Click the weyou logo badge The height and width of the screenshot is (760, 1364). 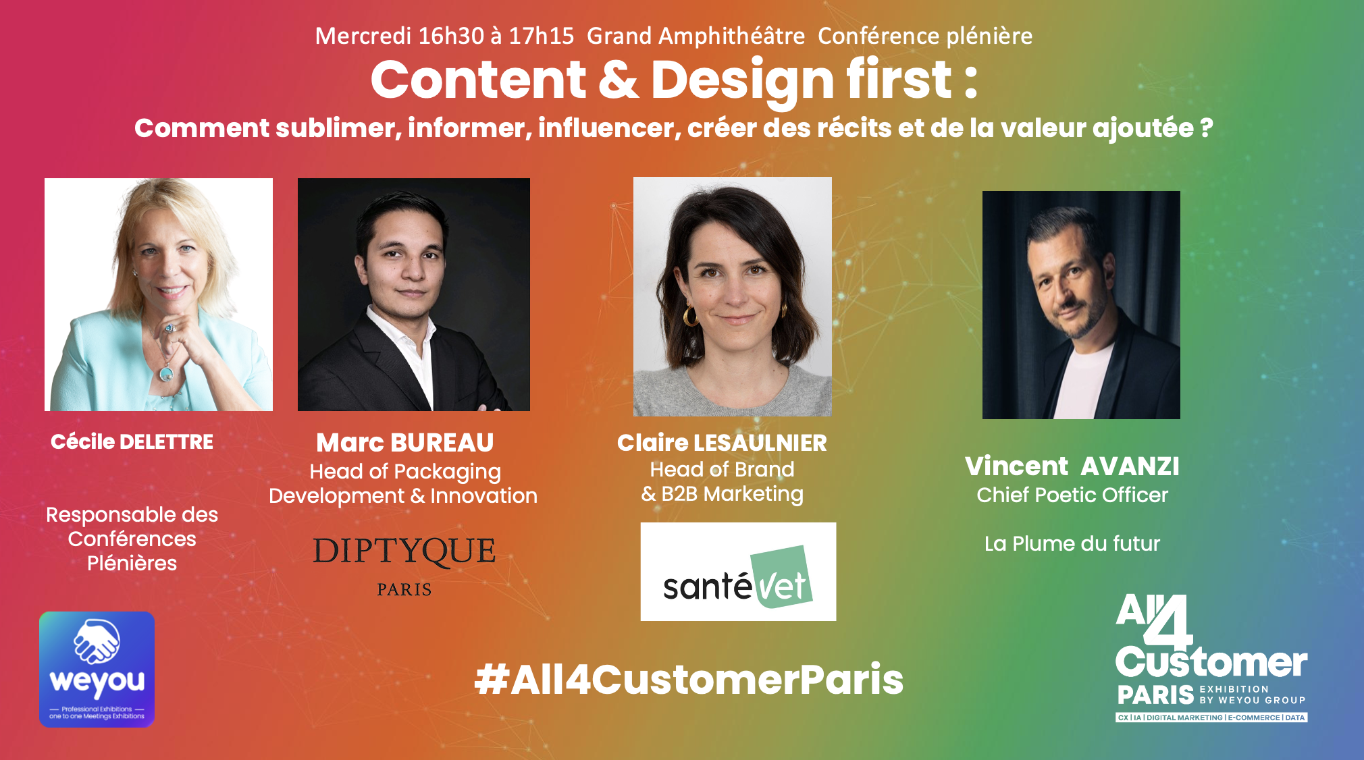97,669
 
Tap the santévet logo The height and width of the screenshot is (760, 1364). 738,572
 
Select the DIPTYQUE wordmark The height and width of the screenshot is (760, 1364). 404,551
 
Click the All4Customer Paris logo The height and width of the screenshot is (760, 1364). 1211,658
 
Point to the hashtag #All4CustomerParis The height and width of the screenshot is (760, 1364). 689,679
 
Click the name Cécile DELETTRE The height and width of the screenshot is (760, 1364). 132,441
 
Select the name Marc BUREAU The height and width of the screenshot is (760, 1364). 405,443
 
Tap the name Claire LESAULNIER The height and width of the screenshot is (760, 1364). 722,443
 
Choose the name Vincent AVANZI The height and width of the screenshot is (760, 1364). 1072,466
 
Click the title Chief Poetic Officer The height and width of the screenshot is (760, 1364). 1072,495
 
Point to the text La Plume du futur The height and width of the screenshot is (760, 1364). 1072,543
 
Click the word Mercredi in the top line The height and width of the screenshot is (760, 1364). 363,36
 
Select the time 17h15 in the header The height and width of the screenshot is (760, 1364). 541,36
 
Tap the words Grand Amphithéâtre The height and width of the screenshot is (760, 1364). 696,36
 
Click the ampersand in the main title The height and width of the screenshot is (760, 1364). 618,80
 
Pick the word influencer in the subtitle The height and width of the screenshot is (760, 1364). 609,128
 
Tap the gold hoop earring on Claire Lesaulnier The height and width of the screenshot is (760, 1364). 690,316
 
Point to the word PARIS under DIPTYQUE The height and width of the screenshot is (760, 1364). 404,590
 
